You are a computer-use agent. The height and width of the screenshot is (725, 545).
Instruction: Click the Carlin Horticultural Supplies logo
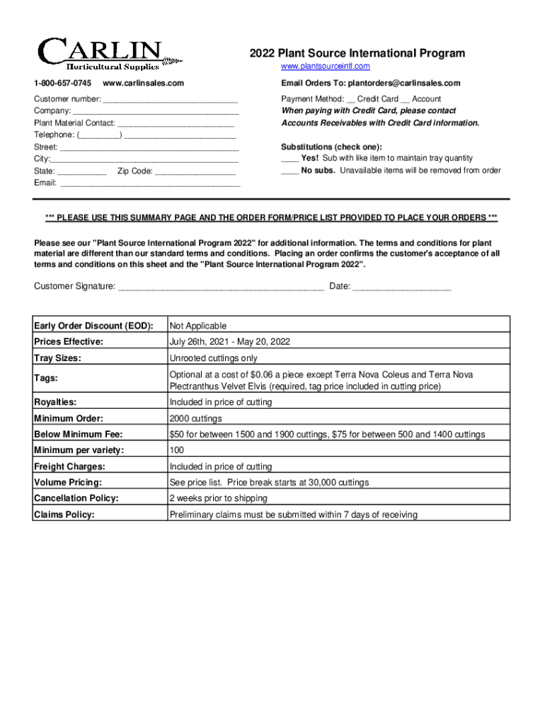click(x=103, y=54)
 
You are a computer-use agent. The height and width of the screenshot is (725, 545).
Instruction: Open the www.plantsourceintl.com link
click(x=325, y=67)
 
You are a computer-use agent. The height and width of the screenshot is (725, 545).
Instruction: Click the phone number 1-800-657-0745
click(x=62, y=84)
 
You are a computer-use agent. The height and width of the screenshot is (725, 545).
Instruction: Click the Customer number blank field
click(x=170, y=100)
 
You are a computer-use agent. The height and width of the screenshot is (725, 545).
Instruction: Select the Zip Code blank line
click(x=195, y=171)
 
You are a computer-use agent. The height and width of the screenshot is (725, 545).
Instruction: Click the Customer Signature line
click(x=221, y=287)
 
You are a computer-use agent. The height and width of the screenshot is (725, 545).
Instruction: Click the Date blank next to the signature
click(x=401, y=287)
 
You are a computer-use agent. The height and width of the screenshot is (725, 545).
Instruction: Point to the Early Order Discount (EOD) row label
click(x=93, y=326)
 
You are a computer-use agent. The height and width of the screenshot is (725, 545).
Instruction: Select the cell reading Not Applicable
click(x=197, y=326)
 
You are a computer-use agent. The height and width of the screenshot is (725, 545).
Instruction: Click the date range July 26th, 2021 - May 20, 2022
click(x=229, y=342)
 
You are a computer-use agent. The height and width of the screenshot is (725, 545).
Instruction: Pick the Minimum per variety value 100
click(x=177, y=450)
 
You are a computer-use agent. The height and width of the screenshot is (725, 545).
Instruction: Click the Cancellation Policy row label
click(x=76, y=498)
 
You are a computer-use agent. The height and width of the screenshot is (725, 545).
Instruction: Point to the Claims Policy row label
click(x=64, y=515)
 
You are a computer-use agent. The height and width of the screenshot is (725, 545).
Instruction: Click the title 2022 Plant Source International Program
click(x=357, y=53)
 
